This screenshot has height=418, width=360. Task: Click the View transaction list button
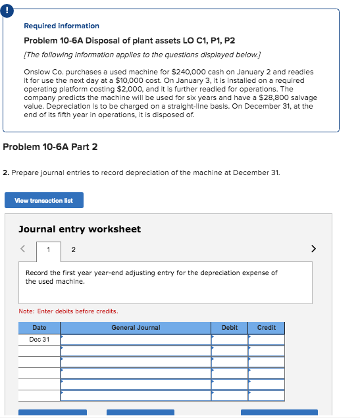(44, 200)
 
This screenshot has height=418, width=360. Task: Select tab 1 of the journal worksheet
(48, 250)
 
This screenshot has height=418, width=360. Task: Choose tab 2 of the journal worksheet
(73, 250)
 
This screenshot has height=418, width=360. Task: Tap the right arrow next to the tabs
(313, 249)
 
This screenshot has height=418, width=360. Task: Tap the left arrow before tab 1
(22, 249)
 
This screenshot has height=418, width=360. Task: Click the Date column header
(39, 328)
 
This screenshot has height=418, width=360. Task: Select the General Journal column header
(136, 328)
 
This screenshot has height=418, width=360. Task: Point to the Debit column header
(230, 328)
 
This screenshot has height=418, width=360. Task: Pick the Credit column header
(267, 328)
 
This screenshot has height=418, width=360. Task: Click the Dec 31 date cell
(39, 340)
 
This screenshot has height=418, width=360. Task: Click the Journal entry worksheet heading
(80, 229)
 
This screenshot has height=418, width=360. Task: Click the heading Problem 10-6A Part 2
(50, 147)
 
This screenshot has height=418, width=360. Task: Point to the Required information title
(61, 26)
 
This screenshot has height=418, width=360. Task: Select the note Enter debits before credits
(69, 311)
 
